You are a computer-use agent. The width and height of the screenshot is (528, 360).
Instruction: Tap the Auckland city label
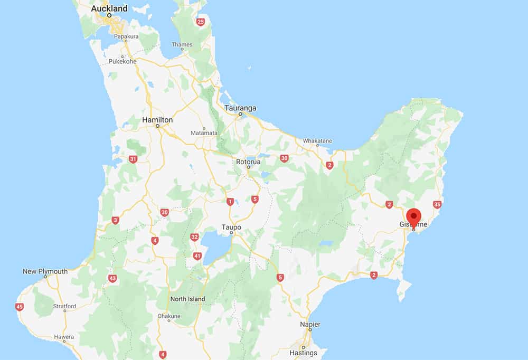point(109,8)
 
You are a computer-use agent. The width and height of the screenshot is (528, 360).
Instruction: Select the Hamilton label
point(157,120)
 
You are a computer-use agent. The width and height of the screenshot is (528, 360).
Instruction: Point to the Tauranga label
point(240,108)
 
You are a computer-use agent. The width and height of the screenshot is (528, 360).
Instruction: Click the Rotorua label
point(248,162)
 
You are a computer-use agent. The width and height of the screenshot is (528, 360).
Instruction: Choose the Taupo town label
point(231,228)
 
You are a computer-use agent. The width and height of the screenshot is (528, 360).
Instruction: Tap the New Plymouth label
point(45,271)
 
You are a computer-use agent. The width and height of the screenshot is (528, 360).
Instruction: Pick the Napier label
point(310,324)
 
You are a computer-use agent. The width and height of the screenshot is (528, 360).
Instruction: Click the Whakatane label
point(317,141)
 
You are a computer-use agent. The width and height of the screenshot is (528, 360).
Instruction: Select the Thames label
point(182,44)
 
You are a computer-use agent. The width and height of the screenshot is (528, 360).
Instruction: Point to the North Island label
point(187,299)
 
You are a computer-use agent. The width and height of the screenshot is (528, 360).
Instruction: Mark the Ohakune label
point(169,316)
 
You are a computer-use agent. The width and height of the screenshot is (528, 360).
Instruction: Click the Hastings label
point(303,353)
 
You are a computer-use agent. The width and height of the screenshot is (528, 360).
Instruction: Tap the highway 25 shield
point(200,22)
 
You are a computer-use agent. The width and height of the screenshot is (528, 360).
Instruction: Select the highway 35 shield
point(437,204)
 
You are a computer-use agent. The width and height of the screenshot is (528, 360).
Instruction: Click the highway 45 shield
point(20,307)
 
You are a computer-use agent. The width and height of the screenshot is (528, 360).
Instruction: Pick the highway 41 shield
point(197,257)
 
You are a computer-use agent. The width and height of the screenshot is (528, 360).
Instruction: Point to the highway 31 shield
point(133,159)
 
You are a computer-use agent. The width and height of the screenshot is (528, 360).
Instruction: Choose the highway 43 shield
point(112,278)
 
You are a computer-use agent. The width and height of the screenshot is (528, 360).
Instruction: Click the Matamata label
point(203,133)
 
